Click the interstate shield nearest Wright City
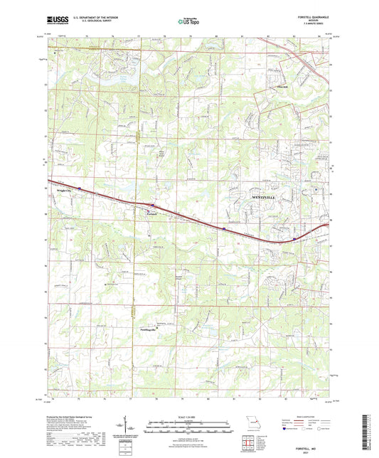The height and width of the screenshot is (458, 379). (x=80, y=189)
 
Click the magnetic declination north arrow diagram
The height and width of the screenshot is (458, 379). (x=132, y=429)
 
